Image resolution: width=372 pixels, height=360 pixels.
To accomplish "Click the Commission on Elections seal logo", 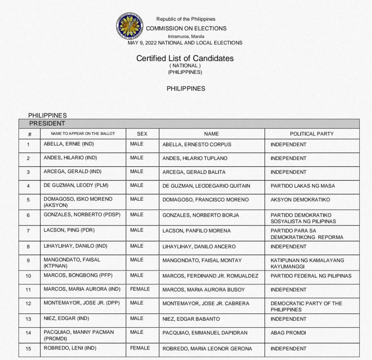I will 130,26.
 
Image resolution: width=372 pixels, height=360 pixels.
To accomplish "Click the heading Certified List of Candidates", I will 185,58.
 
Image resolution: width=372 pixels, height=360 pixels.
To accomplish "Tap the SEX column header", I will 142,134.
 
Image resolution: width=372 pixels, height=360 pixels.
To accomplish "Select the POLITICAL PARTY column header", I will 311,134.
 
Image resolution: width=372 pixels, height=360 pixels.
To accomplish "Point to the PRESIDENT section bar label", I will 47,124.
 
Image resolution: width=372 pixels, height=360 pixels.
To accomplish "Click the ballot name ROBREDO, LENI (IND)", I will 70,348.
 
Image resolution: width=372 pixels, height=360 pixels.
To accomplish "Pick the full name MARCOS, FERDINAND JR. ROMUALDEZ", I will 210,276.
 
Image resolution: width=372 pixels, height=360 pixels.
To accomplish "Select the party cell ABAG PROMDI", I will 288,333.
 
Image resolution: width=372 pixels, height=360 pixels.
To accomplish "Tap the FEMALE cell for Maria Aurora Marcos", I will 140,289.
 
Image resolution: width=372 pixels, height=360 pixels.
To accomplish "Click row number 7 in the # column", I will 28,231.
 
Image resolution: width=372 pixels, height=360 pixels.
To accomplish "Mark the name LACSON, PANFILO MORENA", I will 196,231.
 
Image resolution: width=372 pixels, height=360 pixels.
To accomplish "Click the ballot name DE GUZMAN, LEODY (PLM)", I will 76,185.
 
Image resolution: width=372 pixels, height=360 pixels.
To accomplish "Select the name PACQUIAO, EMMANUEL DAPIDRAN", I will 204,333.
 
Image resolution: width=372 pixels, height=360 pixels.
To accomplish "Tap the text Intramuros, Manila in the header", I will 186,36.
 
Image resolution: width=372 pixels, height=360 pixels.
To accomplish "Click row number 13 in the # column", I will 28,319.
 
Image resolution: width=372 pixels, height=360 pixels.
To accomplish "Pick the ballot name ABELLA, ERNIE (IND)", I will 69,144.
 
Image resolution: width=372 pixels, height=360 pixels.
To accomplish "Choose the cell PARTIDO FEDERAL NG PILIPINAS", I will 311,276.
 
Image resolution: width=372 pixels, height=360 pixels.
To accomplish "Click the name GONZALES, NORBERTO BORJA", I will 201,215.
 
